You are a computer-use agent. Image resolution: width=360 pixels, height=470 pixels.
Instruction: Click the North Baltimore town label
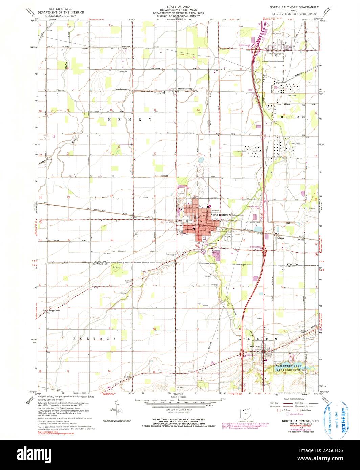tap(220, 215)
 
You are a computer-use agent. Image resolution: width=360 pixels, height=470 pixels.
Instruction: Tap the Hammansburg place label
tap(185, 89)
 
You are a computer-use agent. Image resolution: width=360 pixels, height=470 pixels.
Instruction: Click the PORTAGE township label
tap(95, 338)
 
